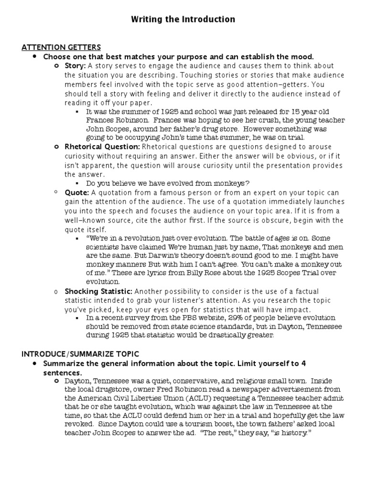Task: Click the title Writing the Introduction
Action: click(183, 20)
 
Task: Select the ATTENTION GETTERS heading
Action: click(61, 47)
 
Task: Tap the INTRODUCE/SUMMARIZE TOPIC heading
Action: click(80, 354)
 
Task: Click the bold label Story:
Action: click(76, 66)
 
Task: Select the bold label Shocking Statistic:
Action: click(98, 291)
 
